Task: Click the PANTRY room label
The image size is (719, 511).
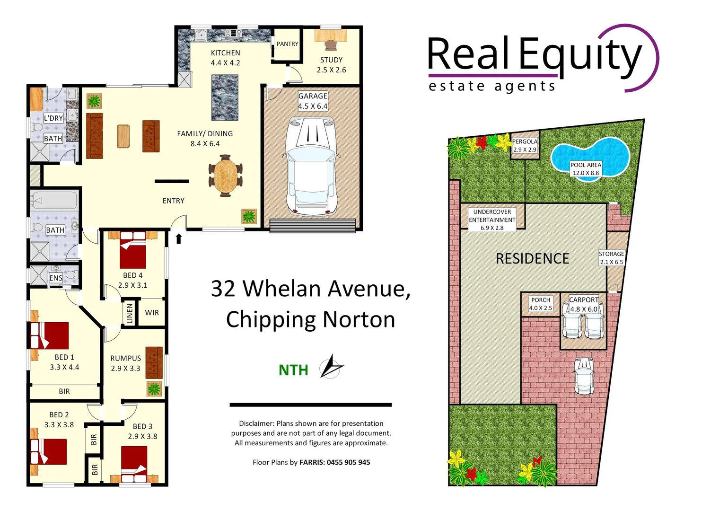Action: click(x=287, y=44)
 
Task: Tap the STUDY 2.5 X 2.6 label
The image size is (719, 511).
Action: click(x=331, y=65)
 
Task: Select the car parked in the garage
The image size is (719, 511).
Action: click(x=312, y=166)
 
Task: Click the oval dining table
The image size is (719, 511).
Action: click(x=225, y=176)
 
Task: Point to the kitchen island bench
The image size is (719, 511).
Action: click(x=225, y=97)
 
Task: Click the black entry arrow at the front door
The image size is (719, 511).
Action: click(x=179, y=238)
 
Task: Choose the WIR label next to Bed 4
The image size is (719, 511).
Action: click(x=152, y=313)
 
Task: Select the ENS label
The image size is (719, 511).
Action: click(x=56, y=278)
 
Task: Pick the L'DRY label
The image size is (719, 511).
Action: click(x=53, y=118)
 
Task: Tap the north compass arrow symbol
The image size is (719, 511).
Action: click(x=331, y=367)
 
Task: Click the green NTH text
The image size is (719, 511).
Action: click(x=293, y=370)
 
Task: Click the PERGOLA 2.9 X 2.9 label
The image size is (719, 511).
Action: click(x=525, y=145)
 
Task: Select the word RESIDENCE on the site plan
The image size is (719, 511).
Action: click(x=532, y=259)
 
